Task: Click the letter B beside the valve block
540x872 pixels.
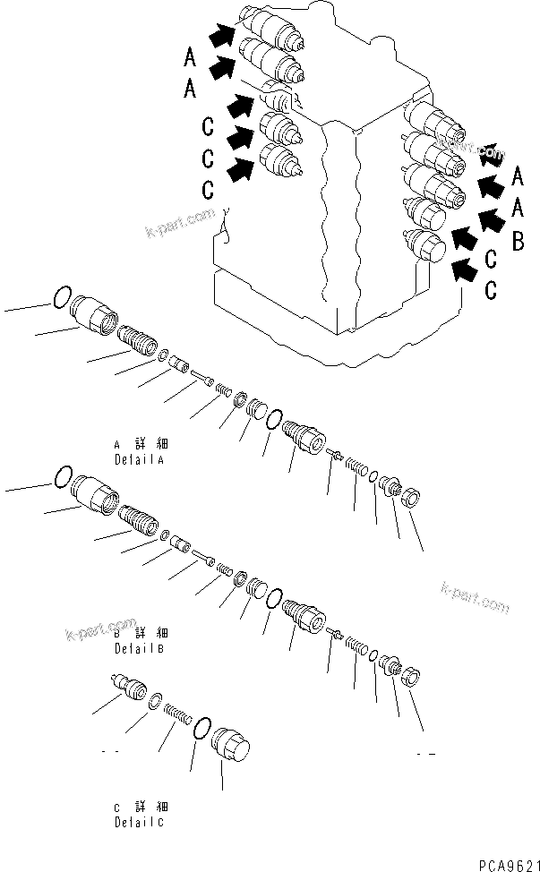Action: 517,242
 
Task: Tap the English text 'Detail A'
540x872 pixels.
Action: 141,458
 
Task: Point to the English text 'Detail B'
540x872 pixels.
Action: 141,647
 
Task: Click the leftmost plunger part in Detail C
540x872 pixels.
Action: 130,688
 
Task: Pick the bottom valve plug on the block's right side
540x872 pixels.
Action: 426,244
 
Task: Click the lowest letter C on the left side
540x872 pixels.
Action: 207,190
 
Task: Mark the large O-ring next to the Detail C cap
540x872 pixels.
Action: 202,730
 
